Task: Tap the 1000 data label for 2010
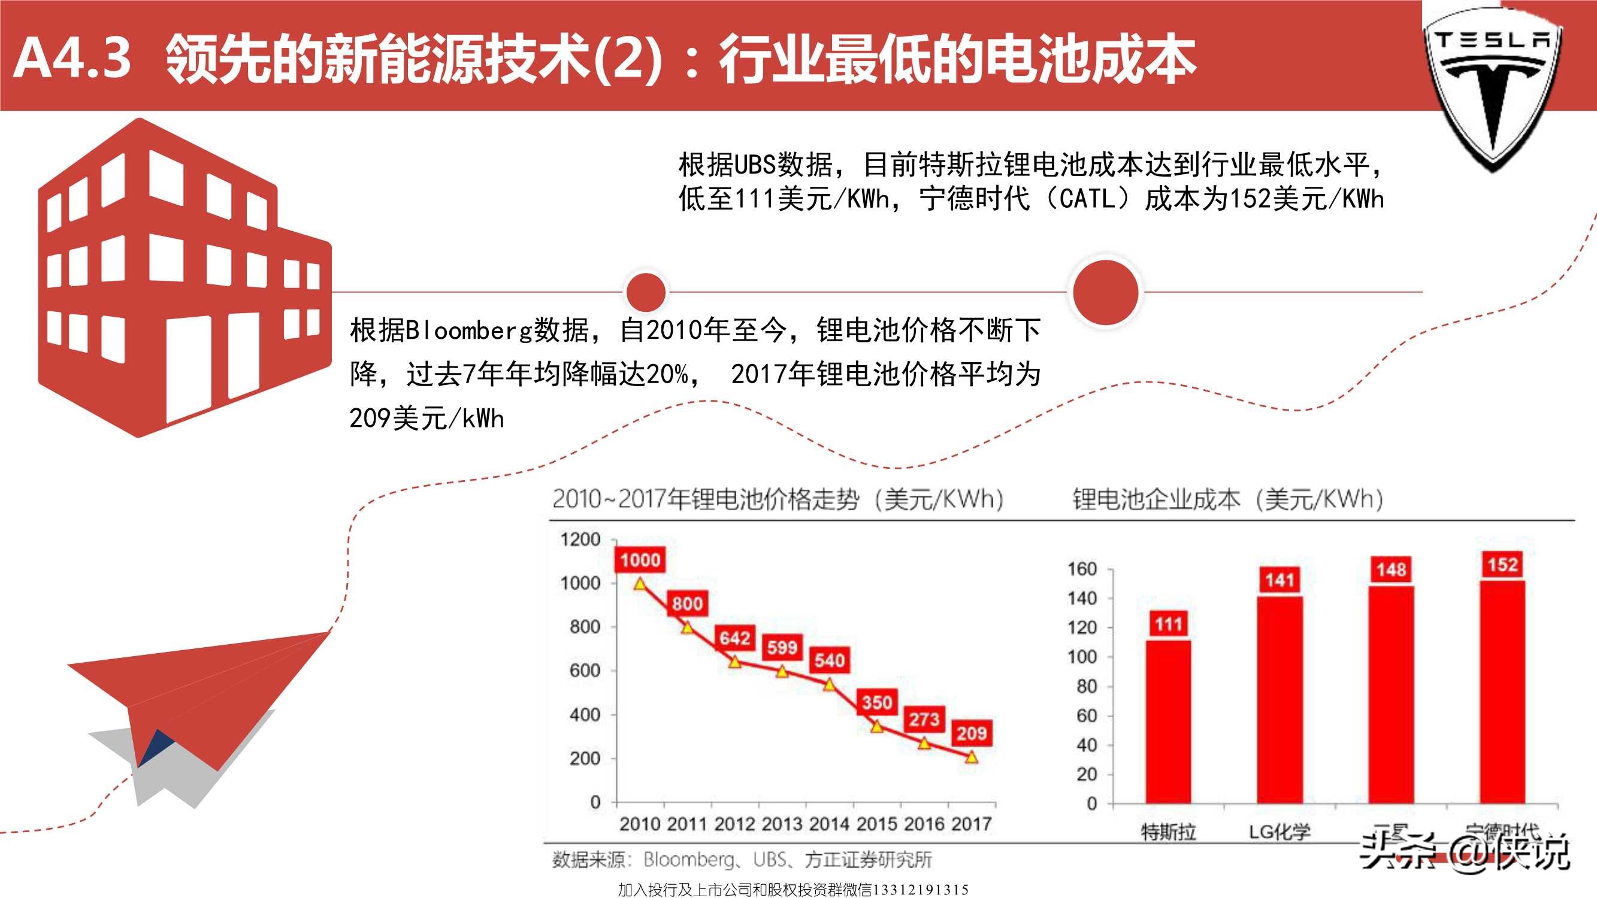click(640, 560)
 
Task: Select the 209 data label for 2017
click(971, 734)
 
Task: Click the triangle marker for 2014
click(829, 684)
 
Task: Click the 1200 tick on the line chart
click(581, 539)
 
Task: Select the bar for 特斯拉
click(1168, 722)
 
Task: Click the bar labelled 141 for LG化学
click(1280, 700)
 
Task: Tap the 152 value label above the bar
click(1502, 565)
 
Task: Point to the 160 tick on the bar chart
click(1082, 569)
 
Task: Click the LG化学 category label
click(1280, 832)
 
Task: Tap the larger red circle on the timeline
click(1105, 292)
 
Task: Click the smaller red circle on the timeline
click(645, 292)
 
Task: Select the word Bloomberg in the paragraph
click(469, 330)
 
